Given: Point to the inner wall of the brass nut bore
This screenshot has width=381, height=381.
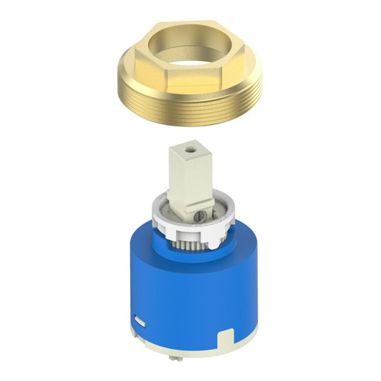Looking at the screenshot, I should [190, 40].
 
